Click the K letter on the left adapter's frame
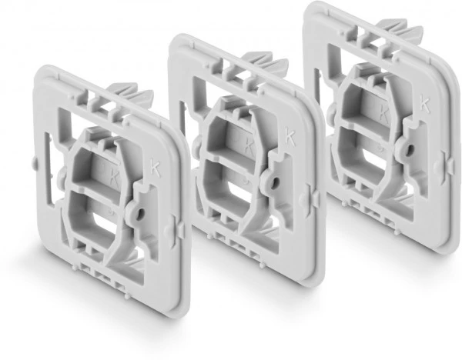(156, 168)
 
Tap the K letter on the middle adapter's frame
(290, 137)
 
